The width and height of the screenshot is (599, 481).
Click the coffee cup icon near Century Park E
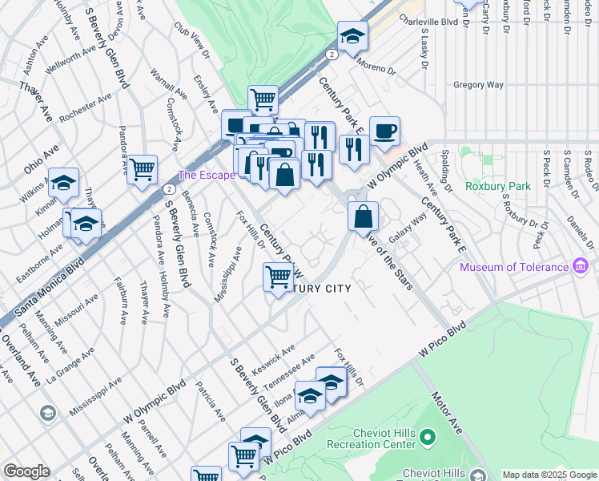click(384, 131)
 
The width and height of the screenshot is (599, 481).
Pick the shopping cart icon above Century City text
click(278, 277)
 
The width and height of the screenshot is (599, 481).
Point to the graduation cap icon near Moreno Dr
click(352, 36)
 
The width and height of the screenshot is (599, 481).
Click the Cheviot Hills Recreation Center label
click(371, 439)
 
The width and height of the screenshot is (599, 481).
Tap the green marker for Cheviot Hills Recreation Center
click(428, 437)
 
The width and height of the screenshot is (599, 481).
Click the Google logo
click(26, 471)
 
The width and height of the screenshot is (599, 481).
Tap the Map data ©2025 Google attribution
click(549, 475)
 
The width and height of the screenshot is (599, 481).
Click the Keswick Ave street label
click(273, 361)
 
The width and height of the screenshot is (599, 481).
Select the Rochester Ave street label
click(84, 110)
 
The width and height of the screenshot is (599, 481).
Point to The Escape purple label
click(201, 175)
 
